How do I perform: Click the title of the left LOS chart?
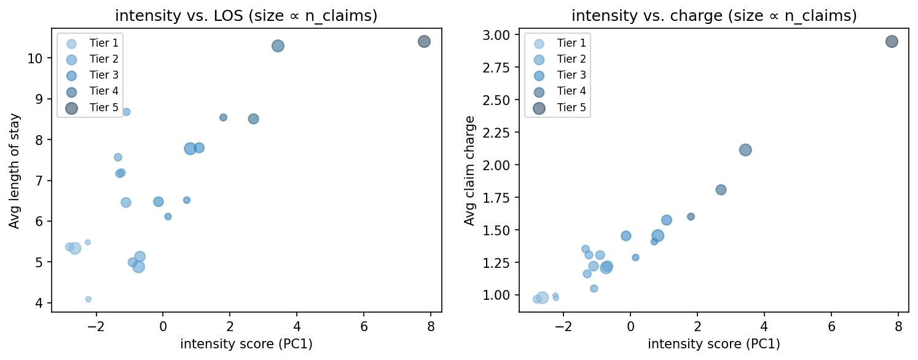coord(246,16)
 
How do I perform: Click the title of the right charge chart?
coord(713,16)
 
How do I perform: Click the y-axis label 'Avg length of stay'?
coord(14,170)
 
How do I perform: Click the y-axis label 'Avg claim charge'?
coord(469,170)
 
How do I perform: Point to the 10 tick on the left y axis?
coord(36,58)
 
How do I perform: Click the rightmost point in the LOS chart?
coord(424,42)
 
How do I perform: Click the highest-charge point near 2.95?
coord(892,42)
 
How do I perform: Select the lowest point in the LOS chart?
coord(88,299)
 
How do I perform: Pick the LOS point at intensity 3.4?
coord(278,45)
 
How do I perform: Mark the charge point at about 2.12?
coord(745,150)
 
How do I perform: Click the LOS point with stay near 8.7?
coord(127,112)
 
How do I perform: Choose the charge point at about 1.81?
coord(721,190)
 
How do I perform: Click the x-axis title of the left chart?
coord(246,344)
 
